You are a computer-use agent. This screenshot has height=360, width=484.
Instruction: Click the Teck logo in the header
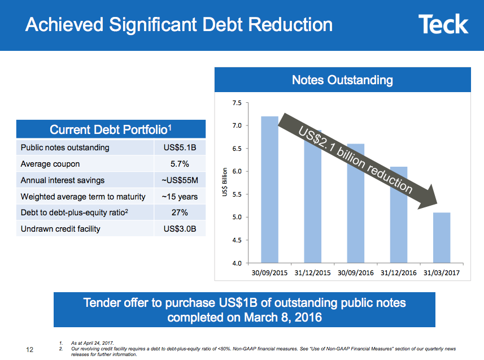(443, 25)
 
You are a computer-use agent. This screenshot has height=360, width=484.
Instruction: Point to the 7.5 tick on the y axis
(236, 103)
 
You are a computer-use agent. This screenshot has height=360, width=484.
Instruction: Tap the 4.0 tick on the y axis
(236, 263)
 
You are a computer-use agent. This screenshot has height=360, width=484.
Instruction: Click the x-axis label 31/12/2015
(312, 272)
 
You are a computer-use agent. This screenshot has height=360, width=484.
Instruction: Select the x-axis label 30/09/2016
(355, 272)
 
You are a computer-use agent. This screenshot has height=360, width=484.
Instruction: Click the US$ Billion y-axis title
(224, 183)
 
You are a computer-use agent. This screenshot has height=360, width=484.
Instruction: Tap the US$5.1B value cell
(180, 148)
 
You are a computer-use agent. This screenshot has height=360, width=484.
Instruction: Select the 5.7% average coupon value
(180, 164)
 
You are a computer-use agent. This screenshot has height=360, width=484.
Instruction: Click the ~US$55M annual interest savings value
(180, 180)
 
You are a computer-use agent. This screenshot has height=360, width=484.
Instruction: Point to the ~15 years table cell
(180, 197)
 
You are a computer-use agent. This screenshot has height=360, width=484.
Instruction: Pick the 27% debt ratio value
(180, 212)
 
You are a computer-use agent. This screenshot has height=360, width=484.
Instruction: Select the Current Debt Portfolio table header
(111, 129)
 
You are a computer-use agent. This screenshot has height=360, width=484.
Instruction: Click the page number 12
(30, 350)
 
